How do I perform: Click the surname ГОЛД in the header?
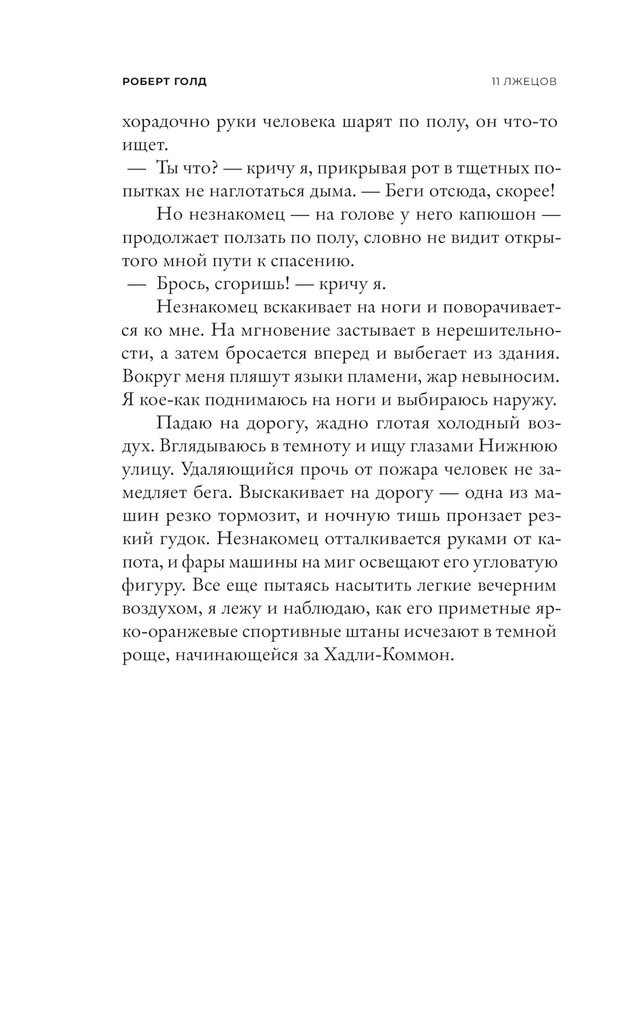click(189, 82)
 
